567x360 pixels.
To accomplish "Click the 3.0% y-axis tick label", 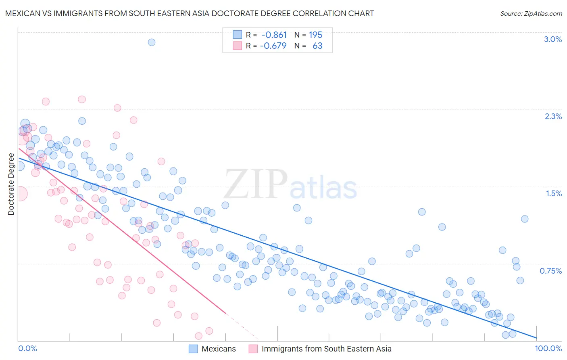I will click(552, 39).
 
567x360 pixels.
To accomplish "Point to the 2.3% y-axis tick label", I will click(553, 116).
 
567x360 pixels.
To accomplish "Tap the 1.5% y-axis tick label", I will click(554, 193).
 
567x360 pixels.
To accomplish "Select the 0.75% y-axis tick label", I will click(550, 271).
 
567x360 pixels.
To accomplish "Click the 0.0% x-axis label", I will click(27, 348).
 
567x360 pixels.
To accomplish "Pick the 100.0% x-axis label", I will click(548, 348).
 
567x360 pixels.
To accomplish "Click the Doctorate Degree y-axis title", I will click(11, 184).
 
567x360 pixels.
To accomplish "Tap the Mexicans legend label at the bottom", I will click(219, 349).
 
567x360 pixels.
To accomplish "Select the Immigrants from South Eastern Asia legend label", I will click(326, 349).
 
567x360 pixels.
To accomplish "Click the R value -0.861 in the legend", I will click(274, 35).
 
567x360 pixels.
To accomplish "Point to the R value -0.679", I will click(273, 46).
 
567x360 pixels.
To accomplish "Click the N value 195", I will click(315, 35).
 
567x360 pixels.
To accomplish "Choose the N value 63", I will click(317, 46).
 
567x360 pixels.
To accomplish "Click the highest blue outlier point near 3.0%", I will click(152, 42).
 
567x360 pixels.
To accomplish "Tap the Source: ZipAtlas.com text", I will click(531, 13).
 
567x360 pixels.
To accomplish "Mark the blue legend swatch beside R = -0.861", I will click(237, 35).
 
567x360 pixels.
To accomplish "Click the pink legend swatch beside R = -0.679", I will click(237, 46).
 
